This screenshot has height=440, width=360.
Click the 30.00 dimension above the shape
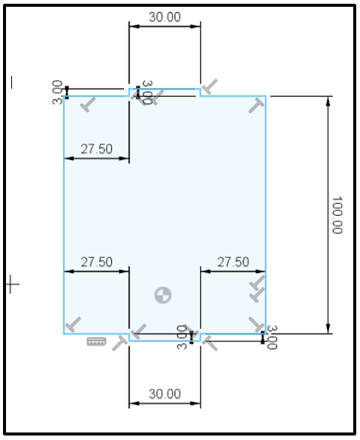(x=164, y=17)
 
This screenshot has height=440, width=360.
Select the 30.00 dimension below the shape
(x=164, y=393)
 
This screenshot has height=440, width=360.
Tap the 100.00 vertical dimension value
(x=336, y=215)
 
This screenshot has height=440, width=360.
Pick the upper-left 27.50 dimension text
(x=96, y=149)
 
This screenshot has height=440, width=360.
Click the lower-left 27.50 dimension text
(x=96, y=262)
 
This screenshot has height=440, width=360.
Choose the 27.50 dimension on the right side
(x=233, y=262)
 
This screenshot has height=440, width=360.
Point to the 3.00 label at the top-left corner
(x=57, y=92)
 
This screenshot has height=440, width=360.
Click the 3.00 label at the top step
(x=147, y=93)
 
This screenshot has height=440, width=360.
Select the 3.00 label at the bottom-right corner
(x=272, y=337)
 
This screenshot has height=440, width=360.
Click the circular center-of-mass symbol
(x=162, y=295)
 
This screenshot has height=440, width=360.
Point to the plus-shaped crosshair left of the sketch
(x=11, y=284)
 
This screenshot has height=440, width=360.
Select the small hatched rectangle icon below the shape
(x=95, y=342)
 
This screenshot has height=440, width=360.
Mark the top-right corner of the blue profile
(x=266, y=96)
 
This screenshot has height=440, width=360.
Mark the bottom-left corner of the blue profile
(x=64, y=332)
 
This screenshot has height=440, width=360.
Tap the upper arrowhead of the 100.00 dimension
(x=328, y=101)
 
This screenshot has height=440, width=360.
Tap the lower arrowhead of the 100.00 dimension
(x=328, y=328)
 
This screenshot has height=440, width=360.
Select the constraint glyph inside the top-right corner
(x=256, y=107)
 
